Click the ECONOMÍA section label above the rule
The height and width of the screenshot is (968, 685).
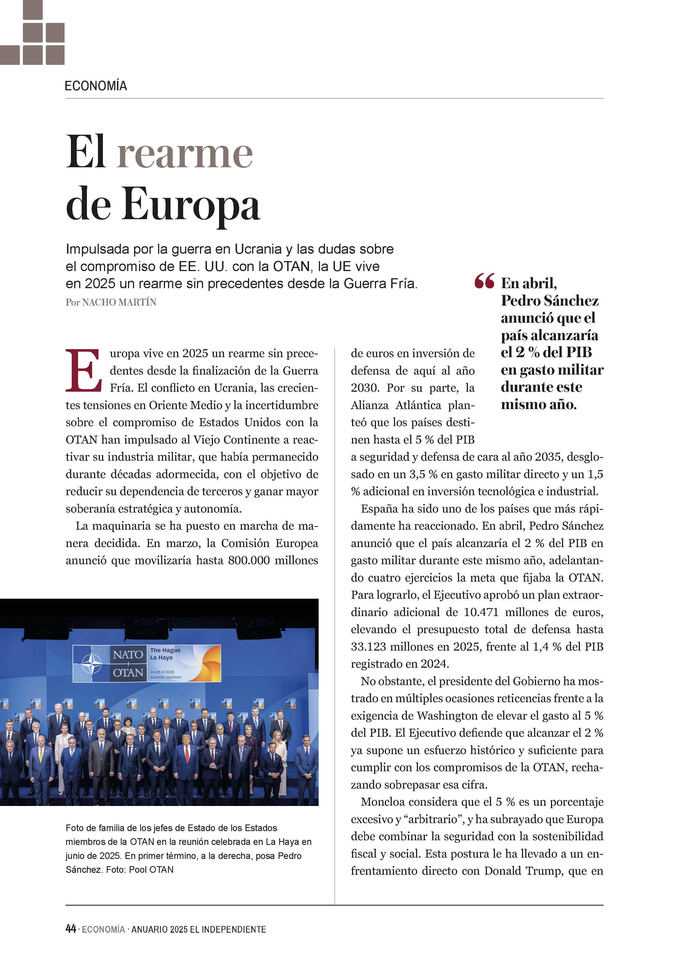click(x=96, y=86)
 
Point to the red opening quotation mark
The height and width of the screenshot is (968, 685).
click(x=484, y=281)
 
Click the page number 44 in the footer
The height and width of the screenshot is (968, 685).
click(x=70, y=929)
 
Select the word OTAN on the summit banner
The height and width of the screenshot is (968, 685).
click(x=128, y=672)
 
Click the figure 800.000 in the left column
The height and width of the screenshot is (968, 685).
click(x=249, y=560)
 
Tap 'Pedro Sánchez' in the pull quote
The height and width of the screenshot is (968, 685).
click(x=550, y=300)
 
